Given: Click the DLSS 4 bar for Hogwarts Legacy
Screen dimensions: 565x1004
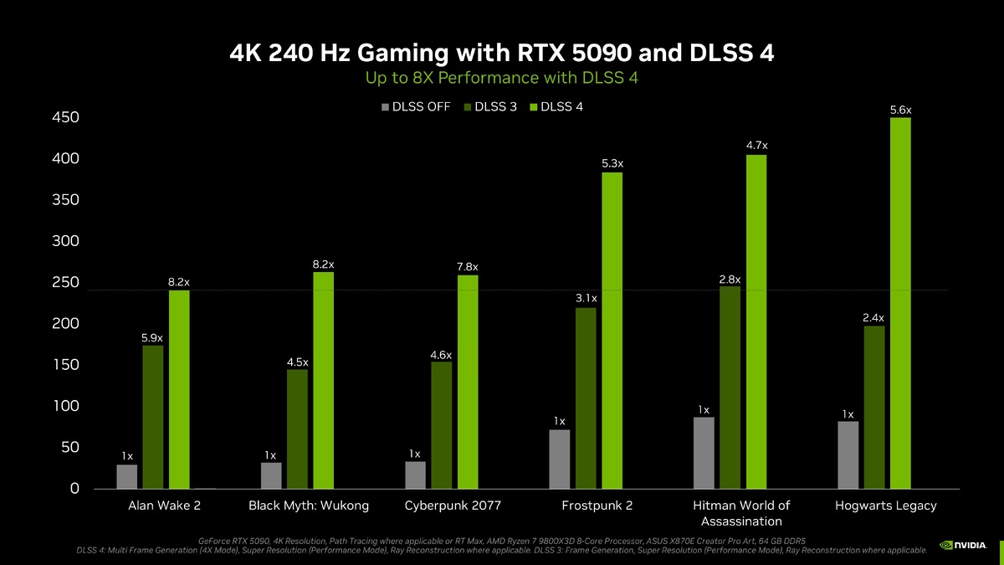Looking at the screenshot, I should click(900, 303).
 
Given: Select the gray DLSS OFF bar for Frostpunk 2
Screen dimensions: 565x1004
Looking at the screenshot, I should click(560, 459).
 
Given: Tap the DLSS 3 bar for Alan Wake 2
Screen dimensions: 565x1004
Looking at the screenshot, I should click(153, 417).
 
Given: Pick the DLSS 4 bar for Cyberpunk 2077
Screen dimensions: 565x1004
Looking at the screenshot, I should click(468, 382).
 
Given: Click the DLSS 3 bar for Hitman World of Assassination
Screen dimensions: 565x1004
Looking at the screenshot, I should click(730, 388).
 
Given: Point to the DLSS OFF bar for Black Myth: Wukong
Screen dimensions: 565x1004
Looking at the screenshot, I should click(271, 475).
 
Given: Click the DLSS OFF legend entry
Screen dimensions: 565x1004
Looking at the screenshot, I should click(415, 106).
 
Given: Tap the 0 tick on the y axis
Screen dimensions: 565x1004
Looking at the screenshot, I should click(74, 489).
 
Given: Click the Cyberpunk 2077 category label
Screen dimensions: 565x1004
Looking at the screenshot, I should click(453, 506).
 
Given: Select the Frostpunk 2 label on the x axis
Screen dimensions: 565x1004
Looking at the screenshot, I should click(597, 506).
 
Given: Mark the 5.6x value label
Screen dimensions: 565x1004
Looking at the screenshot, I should click(900, 110).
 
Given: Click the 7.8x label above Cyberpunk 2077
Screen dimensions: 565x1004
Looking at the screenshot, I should click(468, 267).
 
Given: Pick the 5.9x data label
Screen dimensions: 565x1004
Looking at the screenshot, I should click(152, 337).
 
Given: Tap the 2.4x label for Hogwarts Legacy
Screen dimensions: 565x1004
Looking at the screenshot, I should click(873, 318).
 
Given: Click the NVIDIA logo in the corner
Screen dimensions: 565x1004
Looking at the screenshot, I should click(962, 545).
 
